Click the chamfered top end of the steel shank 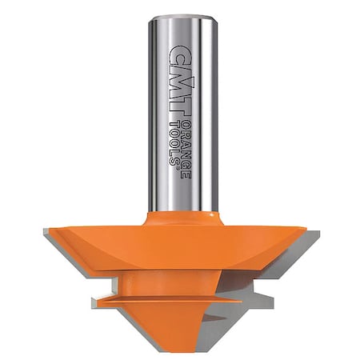tap(183, 17)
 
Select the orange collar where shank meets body tap(183, 218)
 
